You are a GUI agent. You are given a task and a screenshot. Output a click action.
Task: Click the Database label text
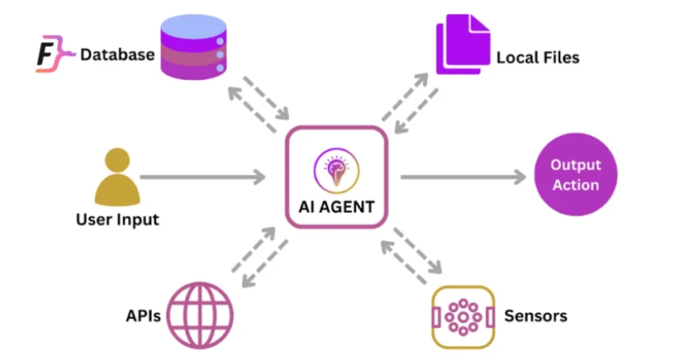click(117, 55)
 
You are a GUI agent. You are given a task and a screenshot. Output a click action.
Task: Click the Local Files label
click(537, 57)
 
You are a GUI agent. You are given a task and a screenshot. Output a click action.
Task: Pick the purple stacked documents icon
click(461, 47)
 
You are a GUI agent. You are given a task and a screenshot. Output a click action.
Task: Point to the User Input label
click(117, 220)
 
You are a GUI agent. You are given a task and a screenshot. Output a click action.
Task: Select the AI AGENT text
click(337, 207)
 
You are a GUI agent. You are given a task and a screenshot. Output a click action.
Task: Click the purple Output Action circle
click(575, 176)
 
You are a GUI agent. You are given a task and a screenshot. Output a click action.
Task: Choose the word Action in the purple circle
click(575, 185)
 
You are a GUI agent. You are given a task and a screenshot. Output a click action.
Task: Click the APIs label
click(143, 316)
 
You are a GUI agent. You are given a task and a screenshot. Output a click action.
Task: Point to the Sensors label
click(536, 315)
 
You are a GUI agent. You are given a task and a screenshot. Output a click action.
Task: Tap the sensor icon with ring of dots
click(461, 317)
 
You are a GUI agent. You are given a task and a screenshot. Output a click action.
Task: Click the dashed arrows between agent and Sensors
click(413, 253)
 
